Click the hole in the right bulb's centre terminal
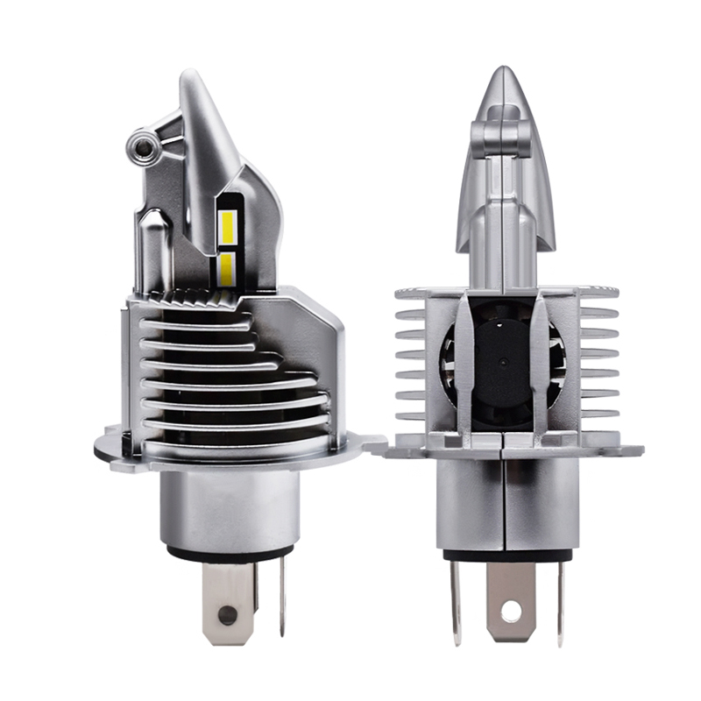click(x=511, y=607)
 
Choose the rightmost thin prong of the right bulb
click(x=561, y=600)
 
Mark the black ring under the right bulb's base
click(x=506, y=553)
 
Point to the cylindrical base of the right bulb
click(x=506, y=504)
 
